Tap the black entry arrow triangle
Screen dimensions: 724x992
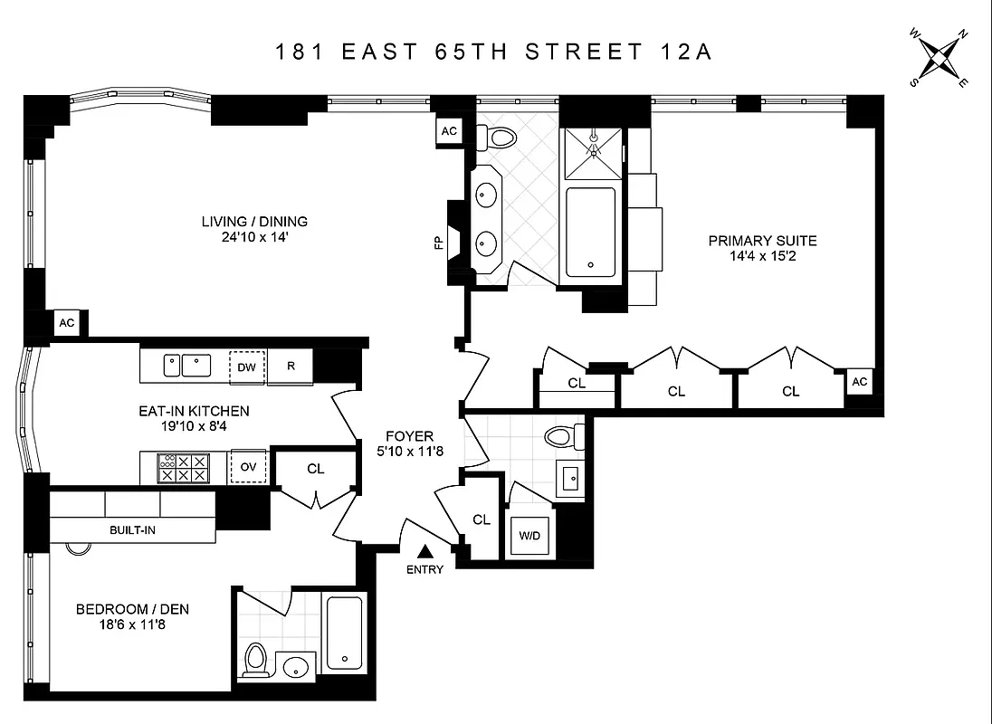[424, 551]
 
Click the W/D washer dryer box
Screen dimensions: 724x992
[529, 536]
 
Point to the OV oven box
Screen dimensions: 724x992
[247, 468]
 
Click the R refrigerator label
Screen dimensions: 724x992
[291, 367]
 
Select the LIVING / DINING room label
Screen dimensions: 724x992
[254, 221]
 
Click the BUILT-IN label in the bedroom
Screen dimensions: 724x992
[132, 529]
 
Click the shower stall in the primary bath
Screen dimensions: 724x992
[592, 155]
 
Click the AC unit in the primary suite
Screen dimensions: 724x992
[859, 381]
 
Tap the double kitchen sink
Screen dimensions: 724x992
[186, 366]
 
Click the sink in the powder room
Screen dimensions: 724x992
[570, 479]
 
